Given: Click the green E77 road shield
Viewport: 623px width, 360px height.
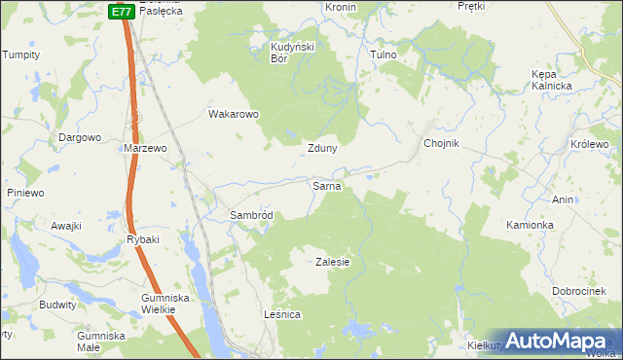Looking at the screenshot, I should coord(121,12).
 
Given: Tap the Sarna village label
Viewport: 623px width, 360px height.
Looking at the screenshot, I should coord(325,185).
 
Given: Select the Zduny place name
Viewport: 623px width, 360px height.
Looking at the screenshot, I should coord(322,149).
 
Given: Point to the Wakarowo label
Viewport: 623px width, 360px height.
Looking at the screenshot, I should coord(234,114).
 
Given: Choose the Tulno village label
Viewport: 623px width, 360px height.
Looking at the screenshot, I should coord(384,55).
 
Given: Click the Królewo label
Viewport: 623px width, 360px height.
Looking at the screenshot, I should coord(588,144).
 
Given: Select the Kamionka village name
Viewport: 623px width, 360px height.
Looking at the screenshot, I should coord(530,225).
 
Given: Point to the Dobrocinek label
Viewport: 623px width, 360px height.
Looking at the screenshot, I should coord(580,292).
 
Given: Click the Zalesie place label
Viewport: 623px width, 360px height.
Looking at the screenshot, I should coord(332,263).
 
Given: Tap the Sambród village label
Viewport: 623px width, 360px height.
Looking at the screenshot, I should coord(256,215).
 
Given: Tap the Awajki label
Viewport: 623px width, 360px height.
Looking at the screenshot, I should coord(65,226).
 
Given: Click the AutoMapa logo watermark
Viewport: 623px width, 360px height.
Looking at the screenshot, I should coord(558,340).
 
